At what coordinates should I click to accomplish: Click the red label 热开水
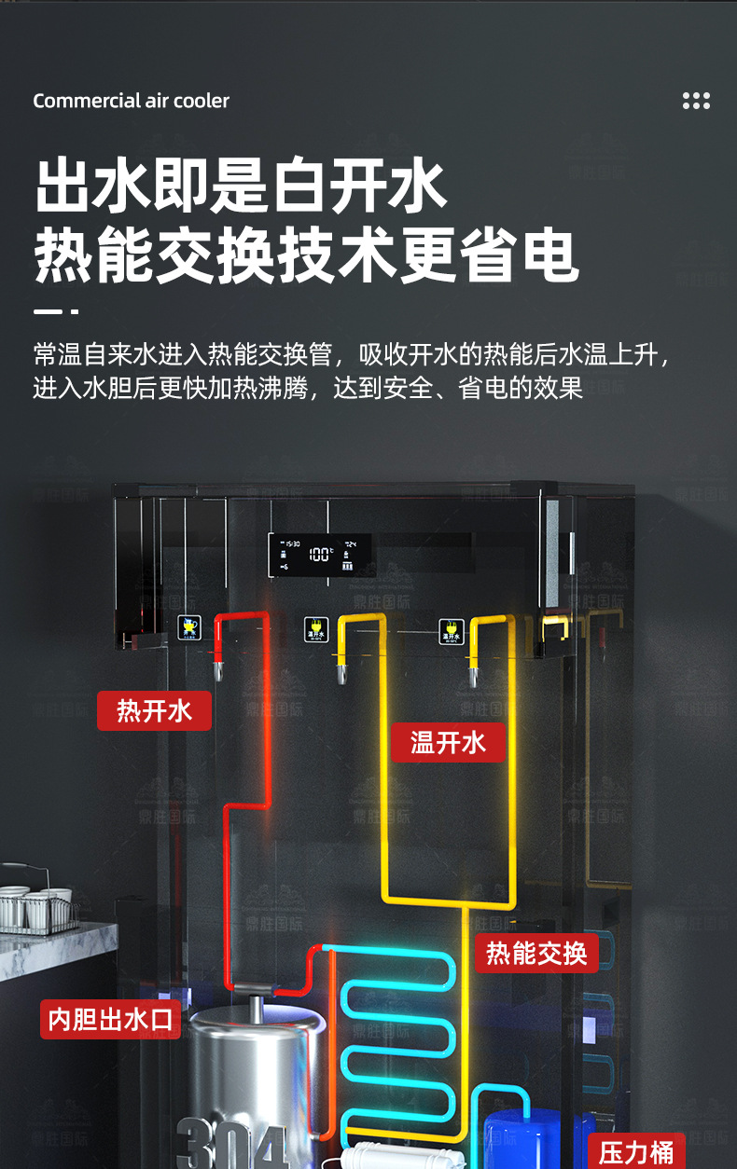pyautogui.click(x=154, y=711)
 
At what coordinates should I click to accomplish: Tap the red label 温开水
pyautogui.click(x=448, y=742)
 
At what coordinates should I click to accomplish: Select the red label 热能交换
pyautogui.click(x=536, y=953)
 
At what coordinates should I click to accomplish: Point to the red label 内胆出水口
pyautogui.click(x=110, y=1019)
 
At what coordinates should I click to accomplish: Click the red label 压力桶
pyautogui.click(x=636, y=1152)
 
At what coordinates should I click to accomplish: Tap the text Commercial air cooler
pyautogui.click(x=131, y=101)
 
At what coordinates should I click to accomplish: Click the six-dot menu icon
pyautogui.click(x=696, y=101)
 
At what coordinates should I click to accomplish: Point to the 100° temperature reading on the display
pyautogui.click(x=319, y=555)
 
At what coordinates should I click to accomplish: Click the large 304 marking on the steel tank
pyautogui.click(x=233, y=1145)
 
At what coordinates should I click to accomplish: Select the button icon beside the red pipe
pyautogui.click(x=190, y=627)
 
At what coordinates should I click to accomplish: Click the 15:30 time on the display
pyautogui.click(x=292, y=543)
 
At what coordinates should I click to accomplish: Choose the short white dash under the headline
pyautogui.click(x=55, y=310)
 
